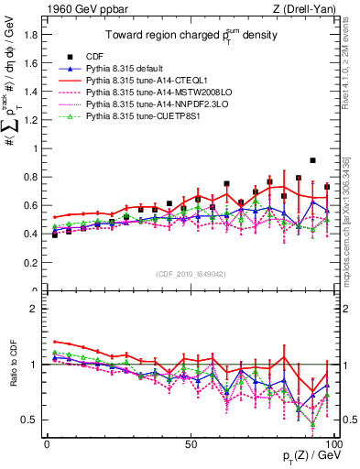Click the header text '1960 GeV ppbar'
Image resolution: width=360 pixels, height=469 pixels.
[76, 8]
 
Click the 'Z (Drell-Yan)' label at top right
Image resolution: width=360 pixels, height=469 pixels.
[303, 8]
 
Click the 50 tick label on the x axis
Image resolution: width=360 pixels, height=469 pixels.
[191, 442]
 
